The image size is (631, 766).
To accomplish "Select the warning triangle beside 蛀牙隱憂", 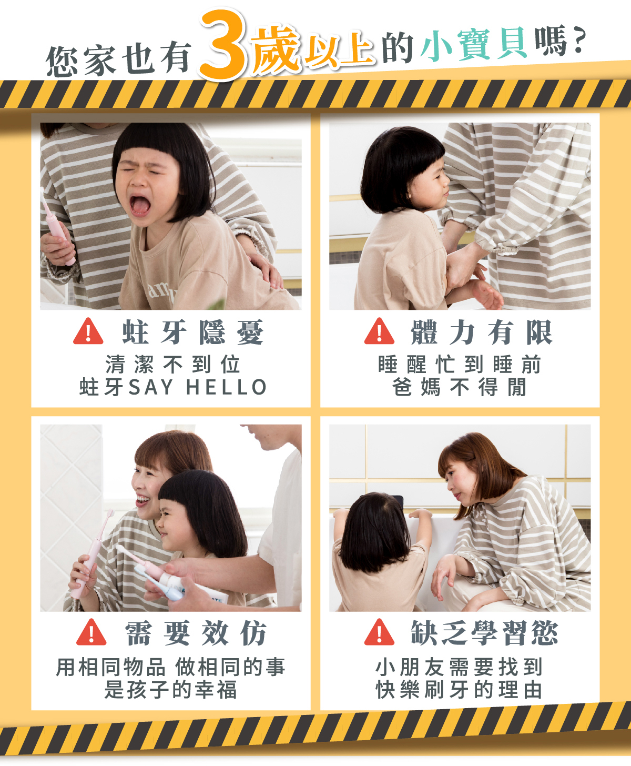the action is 88,331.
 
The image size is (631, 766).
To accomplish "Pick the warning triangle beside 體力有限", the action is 379,331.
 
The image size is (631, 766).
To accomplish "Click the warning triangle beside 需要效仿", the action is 91,632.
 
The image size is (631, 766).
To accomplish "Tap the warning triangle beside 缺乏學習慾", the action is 379,632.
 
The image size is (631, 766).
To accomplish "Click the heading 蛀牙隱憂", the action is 193,332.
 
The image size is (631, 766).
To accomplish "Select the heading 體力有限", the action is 482,332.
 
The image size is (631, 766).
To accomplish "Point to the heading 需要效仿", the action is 196,633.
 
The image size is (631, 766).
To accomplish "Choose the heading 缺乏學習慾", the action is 484,633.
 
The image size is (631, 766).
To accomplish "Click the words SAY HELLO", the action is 198,387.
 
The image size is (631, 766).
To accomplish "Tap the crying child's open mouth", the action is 140,205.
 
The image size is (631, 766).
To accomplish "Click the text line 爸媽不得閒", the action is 460,387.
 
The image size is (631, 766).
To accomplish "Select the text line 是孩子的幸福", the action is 170,689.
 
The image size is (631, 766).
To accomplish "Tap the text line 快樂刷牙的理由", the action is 459,689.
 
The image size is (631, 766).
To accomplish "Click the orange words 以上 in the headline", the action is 338,49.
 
